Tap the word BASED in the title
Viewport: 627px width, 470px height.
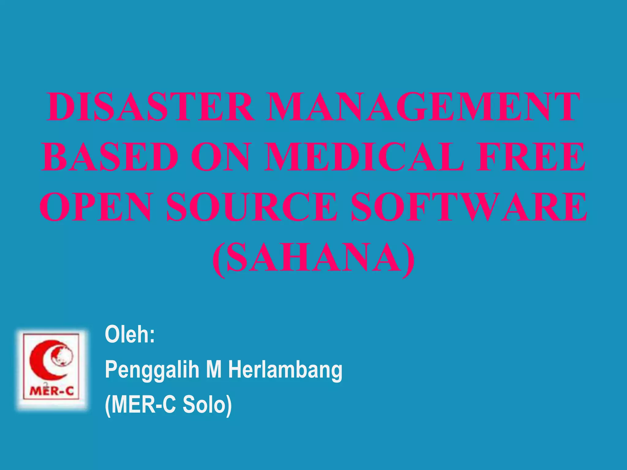[110, 157]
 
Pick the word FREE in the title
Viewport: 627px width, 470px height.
[531, 157]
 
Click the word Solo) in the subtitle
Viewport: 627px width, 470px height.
[207, 405]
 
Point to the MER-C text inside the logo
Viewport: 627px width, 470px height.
[51, 391]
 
